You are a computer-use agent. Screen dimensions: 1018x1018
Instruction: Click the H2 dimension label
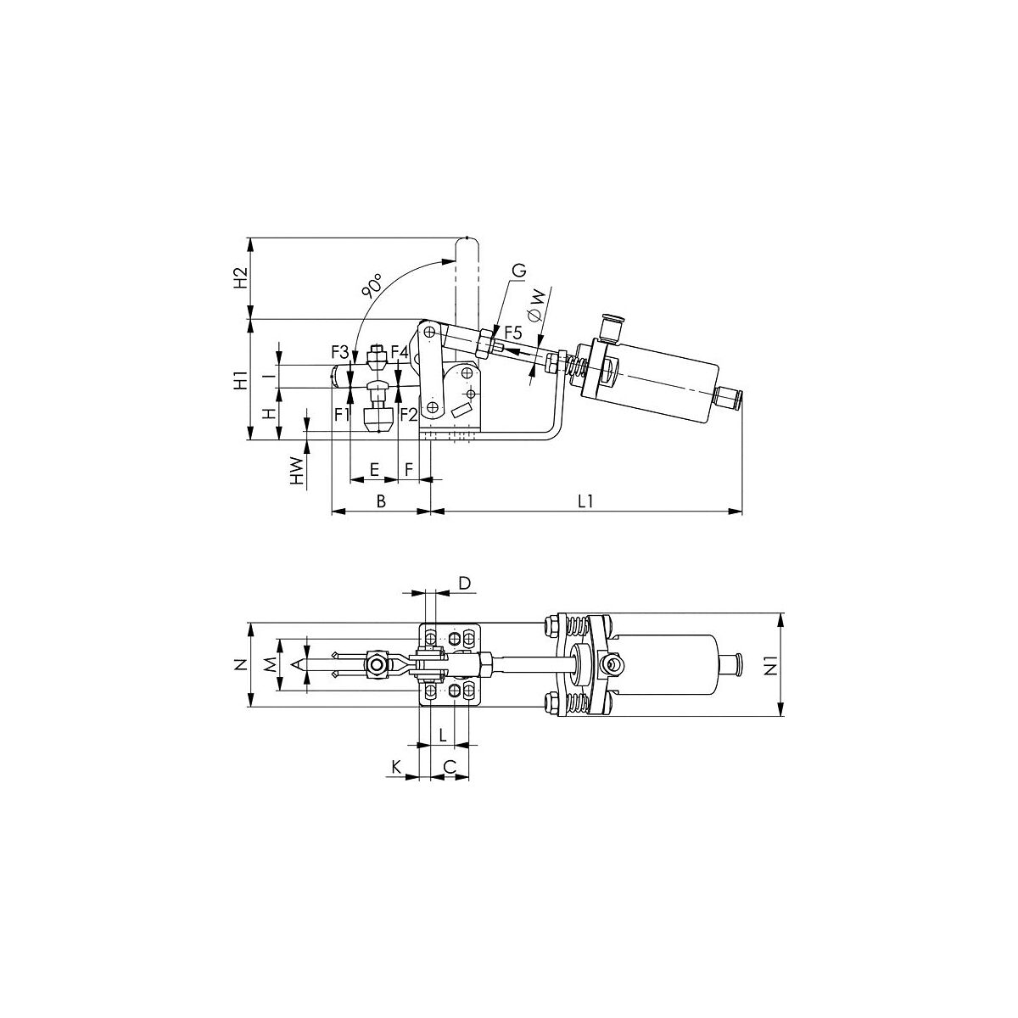241,278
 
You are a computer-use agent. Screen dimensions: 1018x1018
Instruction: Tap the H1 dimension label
241,381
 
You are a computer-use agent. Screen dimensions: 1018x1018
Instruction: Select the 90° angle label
372,286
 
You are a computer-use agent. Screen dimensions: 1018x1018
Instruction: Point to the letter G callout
520,271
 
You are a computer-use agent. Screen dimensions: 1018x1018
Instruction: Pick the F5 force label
513,333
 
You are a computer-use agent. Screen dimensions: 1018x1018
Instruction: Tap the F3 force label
339,351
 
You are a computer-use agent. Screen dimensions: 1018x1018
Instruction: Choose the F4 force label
400,351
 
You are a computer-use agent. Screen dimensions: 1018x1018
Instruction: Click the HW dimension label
298,472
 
